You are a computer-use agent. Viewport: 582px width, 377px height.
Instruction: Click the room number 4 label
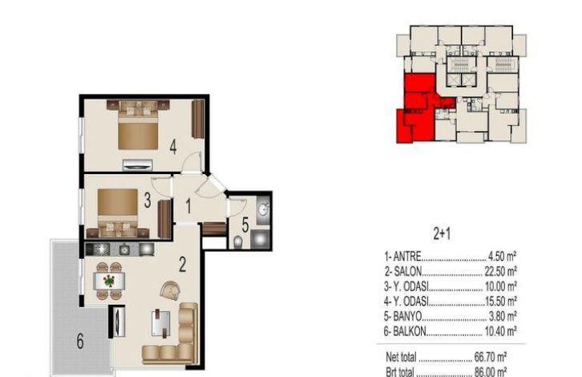point(173,146)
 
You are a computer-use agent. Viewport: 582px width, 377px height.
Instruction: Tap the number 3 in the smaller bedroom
point(148,201)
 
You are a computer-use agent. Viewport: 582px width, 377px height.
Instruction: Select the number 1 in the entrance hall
point(188,206)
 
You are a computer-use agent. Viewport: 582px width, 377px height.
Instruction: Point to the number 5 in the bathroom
point(245,225)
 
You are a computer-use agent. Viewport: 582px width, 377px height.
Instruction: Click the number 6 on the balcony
point(80,342)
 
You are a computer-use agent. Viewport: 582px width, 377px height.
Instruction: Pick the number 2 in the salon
point(182,265)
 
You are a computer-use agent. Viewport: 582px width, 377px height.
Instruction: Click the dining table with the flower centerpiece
point(109,281)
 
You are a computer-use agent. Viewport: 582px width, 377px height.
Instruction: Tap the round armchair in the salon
point(171,290)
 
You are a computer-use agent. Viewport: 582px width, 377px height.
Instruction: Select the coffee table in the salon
point(161,323)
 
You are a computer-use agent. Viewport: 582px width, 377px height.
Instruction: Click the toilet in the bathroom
point(239,242)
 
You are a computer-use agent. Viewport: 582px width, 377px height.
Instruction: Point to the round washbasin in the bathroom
point(263,209)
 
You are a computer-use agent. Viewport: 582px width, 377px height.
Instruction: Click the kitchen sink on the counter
point(124,249)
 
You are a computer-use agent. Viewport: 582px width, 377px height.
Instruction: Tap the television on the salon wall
point(119,322)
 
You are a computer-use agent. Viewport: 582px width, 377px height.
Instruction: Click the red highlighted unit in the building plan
point(419,107)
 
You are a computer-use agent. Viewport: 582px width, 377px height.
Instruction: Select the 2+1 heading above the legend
point(442,234)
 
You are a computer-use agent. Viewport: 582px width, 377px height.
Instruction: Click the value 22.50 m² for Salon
point(501,271)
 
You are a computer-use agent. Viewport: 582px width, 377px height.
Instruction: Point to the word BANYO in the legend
point(407,316)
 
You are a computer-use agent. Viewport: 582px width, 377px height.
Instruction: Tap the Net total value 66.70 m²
point(491,357)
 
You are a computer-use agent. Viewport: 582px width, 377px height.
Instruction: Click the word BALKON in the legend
point(410,331)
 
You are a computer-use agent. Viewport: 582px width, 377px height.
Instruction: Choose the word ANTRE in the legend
point(407,257)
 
